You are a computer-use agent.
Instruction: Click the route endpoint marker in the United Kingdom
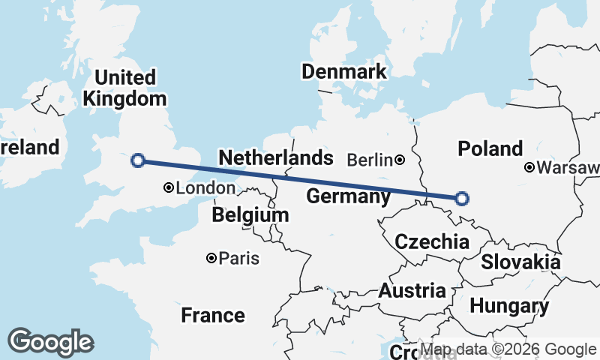(137, 160)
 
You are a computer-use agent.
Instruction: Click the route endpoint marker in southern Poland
(462, 198)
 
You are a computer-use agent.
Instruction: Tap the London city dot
(169, 188)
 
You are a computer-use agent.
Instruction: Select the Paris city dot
(211, 258)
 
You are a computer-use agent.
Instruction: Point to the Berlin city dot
(400, 159)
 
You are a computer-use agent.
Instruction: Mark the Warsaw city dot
(529, 167)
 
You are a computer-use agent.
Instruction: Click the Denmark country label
(343, 72)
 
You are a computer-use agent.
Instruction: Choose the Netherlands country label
(275, 157)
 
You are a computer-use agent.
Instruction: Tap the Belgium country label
(250, 215)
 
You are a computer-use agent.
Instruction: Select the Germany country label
(349, 197)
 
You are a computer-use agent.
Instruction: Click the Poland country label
(490, 148)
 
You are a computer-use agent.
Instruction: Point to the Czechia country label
(432, 241)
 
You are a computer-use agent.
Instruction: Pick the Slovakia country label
(520, 262)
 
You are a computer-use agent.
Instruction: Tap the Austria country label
(412, 290)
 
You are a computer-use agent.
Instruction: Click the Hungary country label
(509, 306)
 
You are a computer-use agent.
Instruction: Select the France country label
(213, 315)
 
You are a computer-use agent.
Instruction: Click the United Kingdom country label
(124, 88)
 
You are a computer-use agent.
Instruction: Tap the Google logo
(50, 342)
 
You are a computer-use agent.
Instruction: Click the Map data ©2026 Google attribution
(508, 349)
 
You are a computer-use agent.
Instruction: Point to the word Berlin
(370, 160)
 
